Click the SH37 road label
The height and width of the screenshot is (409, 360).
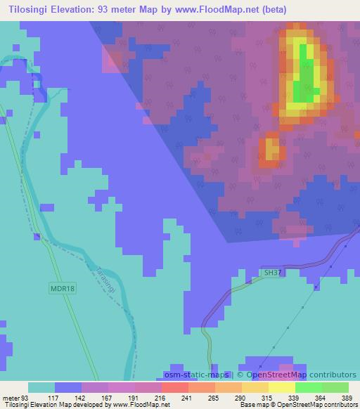[274, 272]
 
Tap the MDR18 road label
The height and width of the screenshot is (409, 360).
[62, 287]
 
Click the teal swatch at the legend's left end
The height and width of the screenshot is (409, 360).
[41, 387]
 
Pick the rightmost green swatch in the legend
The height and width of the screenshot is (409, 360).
[335, 387]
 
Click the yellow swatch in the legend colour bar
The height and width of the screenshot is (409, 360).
[282, 387]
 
